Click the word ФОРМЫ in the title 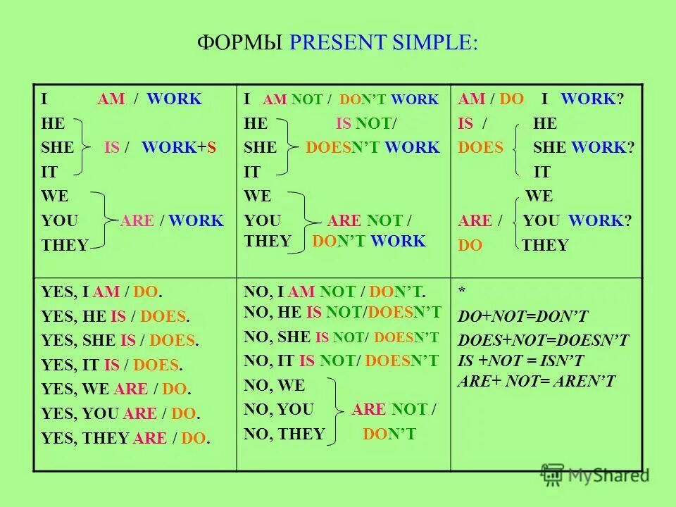[241, 42]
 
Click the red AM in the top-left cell [111, 99]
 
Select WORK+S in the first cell [179, 148]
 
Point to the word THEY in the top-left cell [65, 245]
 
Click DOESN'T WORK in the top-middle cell [373, 148]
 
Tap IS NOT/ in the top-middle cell [366, 124]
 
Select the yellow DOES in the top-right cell [481, 148]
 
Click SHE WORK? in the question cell [584, 148]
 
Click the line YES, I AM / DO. [107, 292]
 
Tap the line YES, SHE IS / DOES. [120, 341]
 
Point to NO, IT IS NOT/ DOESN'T [341, 361]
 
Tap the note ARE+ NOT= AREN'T [537, 382]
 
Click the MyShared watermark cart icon [553, 474]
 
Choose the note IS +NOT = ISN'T [521, 361]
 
